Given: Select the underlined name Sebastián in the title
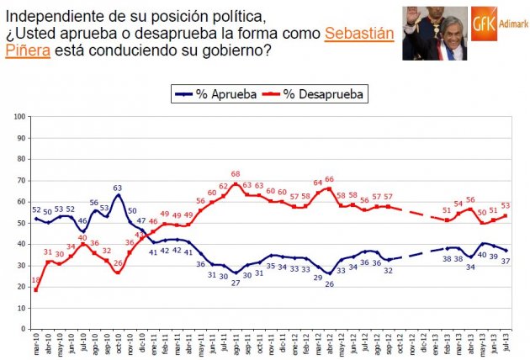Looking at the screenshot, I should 358,34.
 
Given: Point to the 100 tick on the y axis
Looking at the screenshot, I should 19,116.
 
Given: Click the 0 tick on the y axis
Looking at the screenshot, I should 22,330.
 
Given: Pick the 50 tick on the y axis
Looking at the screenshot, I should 20,223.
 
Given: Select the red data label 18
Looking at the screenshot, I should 35,280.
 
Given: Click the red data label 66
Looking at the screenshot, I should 329,179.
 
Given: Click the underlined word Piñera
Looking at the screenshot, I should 30,50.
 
